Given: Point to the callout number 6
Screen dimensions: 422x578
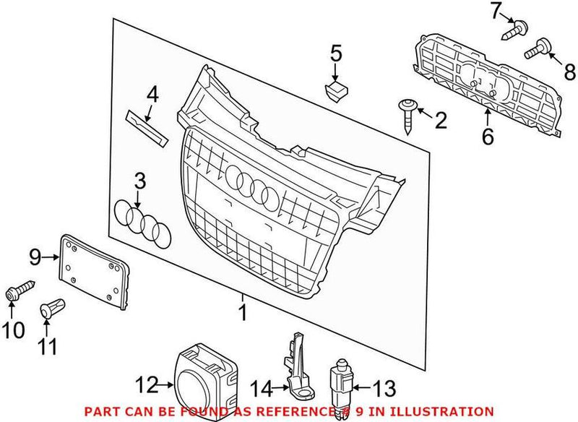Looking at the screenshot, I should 488,134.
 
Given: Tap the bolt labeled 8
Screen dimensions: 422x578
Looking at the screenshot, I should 538,51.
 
